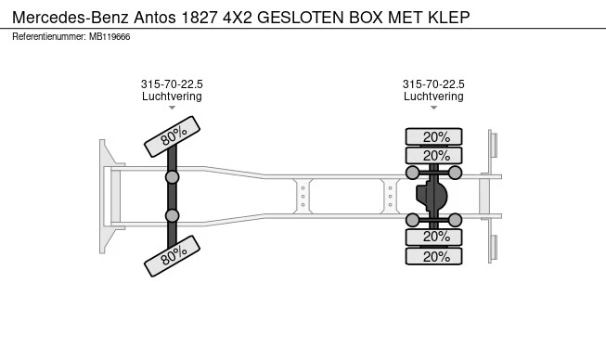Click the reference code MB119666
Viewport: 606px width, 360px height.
(111, 36)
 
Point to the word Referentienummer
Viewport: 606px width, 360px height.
(49, 36)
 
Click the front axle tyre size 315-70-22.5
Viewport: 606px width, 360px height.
(172, 84)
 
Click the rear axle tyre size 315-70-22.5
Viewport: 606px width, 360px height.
(433, 84)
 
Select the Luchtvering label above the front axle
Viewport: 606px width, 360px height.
(172, 96)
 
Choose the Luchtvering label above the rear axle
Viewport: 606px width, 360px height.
(433, 96)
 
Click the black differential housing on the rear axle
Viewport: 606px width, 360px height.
(432, 196)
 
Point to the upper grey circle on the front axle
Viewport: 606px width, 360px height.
(172, 176)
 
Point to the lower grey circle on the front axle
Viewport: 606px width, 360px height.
(172, 215)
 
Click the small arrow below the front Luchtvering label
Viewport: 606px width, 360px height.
(172, 109)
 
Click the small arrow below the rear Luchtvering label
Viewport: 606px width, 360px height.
(433, 109)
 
